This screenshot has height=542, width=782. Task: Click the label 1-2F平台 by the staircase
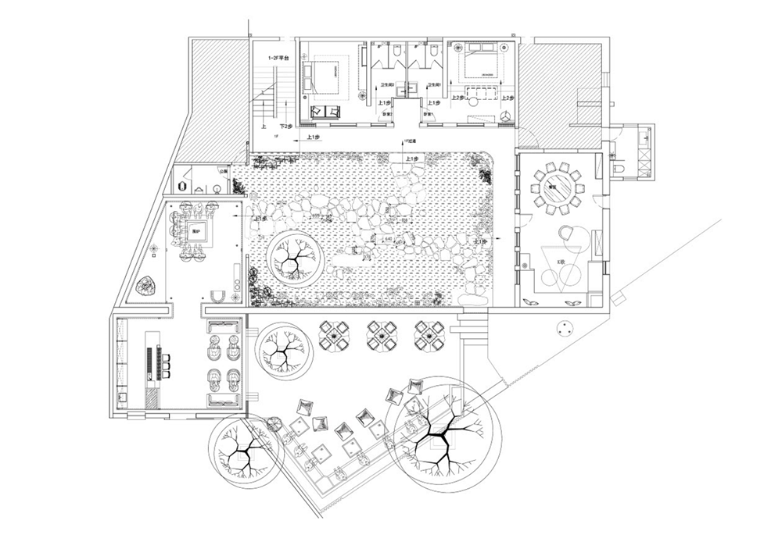tap(279, 58)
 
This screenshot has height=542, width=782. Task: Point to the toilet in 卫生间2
tap(399, 52)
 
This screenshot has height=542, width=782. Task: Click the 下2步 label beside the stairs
tap(285, 126)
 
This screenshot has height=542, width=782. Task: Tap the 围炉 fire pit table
tap(197, 230)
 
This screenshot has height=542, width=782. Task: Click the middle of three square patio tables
tap(383, 335)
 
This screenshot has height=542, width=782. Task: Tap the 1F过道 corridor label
tap(408, 142)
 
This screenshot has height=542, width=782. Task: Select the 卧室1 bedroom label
tap(428, 115)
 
